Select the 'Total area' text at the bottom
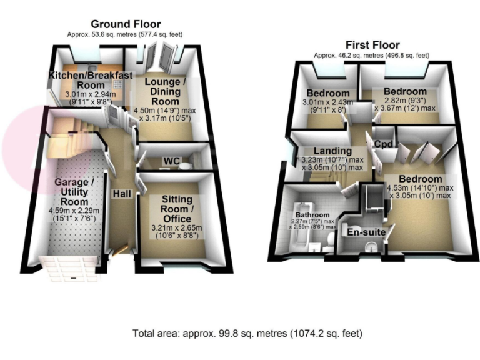pos(247,333)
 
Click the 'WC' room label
pos(171,161)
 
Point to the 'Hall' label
pos(121,195)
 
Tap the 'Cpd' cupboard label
pos(382,144)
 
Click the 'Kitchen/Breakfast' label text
pos(91,76)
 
